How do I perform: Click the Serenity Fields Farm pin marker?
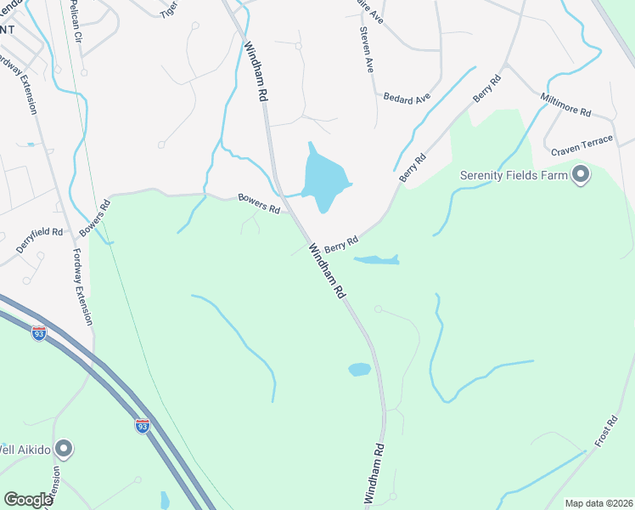pyautogui.click(x=581, y=176)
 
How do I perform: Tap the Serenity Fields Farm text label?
pyautogui.click(x=513, y=176)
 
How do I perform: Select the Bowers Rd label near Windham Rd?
pyautogui.click(x=259, y=203)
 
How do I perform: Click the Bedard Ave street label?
pyautogui.click(x=407, y=99)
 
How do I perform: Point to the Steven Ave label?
pyautogui.click(x=367, y=50)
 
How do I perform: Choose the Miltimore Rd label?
pyautogui.click(x=565, y=105)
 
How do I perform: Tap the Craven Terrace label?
pyautogui.click(x=582, y=145)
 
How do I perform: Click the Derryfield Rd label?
pyautogui.click(x=40, y=240)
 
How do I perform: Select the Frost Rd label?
pyautogui.click(x=606, y=433)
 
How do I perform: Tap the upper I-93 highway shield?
pyautogui.click(x=39, y=334)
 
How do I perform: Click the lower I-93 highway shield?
pyautogui.click(x=143, y=425)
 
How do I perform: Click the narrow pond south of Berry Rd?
pyautogui.click(x=375, y=259)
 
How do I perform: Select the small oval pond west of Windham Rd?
pyautogui.click(x=359, y=370)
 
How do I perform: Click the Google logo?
pyautogui.click(x=28, y=500)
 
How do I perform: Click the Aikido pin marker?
pyautogui.click(x=64, y=448)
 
